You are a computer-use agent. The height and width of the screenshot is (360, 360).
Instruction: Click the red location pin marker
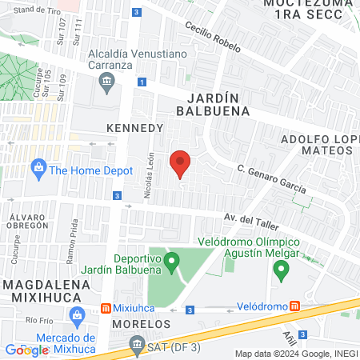(181, 164)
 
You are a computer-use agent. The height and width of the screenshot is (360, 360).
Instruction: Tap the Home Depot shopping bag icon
(37, 169)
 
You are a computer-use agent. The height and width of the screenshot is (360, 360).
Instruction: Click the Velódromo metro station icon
(295, 306)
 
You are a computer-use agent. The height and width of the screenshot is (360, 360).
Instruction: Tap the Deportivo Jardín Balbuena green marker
(171, 262)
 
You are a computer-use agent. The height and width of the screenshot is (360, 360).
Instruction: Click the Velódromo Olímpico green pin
(281, 270)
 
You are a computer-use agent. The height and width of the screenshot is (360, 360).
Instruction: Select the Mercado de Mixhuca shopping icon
(77, 317)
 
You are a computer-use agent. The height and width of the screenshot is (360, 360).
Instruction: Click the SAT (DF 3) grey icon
(135, 346)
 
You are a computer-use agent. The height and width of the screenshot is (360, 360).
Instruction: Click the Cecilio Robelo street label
(213, 36)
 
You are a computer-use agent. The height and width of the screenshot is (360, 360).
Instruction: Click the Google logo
(26, 350)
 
